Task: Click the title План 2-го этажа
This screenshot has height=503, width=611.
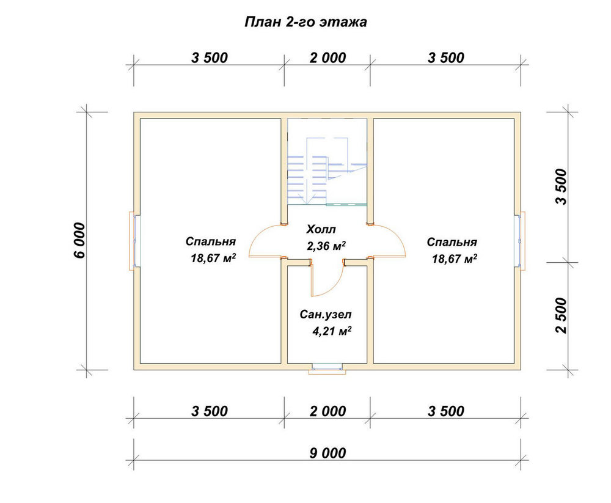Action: point(305,22)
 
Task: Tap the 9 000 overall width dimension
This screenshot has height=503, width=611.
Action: point(327,453)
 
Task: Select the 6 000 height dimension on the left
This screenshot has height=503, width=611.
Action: point(79,240)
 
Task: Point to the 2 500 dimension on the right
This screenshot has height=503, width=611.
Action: point(562,315)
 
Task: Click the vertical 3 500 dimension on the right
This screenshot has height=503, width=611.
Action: point(562,186)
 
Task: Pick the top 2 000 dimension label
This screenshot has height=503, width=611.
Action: point(327,58)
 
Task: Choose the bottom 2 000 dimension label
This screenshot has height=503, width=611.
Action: point(327,411)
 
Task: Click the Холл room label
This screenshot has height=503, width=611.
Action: point(321,229)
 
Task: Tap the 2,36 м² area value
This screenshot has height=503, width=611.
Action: point(326,246)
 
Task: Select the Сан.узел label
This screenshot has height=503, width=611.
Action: point(326,315)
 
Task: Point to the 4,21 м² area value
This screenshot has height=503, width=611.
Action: point(332,331)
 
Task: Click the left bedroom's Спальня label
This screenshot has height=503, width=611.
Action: point(210,241)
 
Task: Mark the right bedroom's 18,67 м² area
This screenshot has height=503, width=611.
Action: point(455,259)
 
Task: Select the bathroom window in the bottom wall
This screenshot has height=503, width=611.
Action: point(327,369)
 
